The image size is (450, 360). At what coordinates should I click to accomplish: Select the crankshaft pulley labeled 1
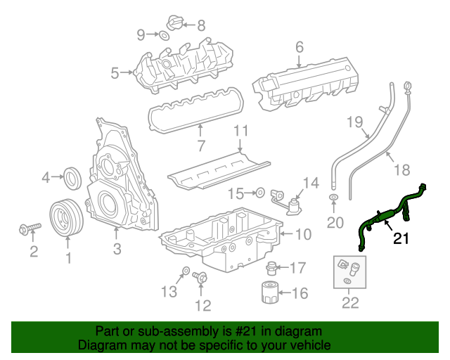click(67, 217)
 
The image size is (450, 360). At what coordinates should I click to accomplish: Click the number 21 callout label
click(401, 239)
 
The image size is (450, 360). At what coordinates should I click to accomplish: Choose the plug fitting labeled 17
click(271, 267)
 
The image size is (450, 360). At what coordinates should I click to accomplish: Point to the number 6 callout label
click(300, 47)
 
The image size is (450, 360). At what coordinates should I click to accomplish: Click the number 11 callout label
click(241, 130)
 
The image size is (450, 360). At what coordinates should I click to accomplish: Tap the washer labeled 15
click(259, 191)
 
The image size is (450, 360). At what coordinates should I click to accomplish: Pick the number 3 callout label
click(117, 248)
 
